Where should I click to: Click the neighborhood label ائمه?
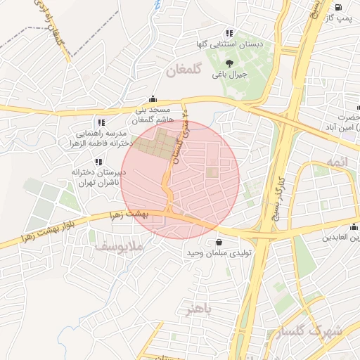pos(336,163)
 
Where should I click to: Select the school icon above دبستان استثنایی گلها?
pos(229,33)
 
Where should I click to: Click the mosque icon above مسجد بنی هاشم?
pos(153,100)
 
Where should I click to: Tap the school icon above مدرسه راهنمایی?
pos(101,122)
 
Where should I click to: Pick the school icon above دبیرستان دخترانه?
pos(98,162)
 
